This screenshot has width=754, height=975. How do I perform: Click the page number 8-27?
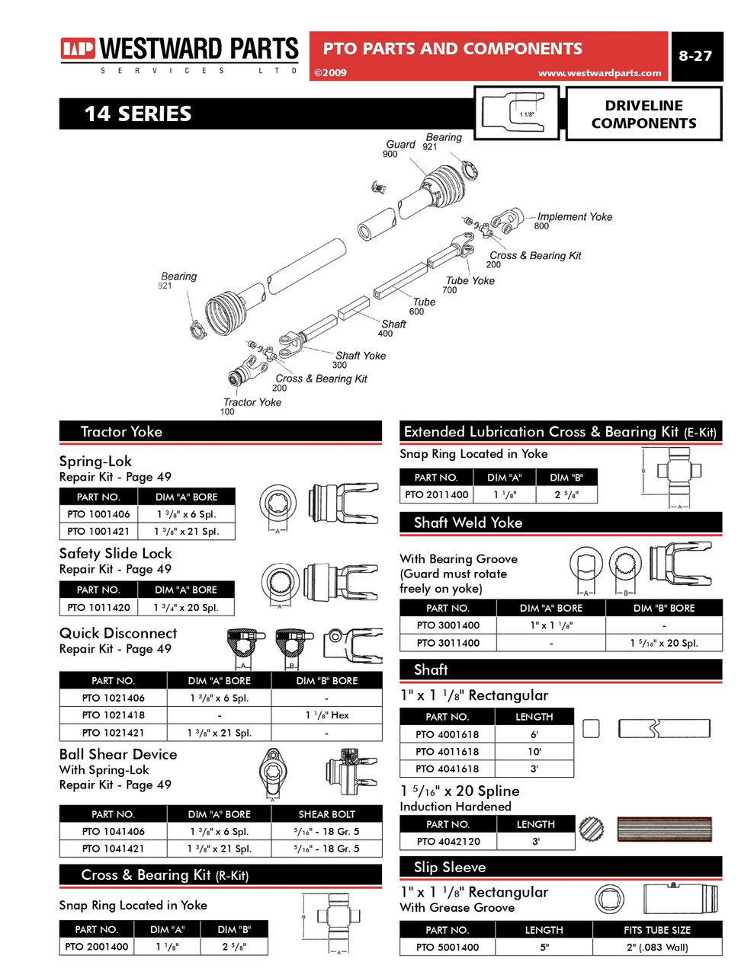[x=695, y=56]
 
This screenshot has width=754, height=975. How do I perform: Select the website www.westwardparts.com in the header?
[x=599, y=73]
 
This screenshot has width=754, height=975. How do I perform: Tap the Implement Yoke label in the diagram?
[x=574, y=217]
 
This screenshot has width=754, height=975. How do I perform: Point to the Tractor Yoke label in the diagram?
[x=252, y=402]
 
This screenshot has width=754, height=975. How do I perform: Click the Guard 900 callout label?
[x=399, y=145]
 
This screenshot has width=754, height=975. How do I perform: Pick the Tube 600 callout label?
[x=424, y=302]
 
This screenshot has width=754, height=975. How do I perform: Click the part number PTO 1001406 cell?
[x=98, y=514]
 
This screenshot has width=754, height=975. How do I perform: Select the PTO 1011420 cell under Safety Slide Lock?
[x=98, y=608]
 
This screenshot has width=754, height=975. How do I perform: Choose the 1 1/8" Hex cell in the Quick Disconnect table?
[x=326, y=715]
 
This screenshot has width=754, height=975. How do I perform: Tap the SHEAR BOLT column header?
[x=326, y=814]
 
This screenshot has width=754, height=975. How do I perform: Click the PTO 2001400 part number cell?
[x=97, y=947]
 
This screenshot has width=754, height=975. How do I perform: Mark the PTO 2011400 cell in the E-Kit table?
[x=436, y=495]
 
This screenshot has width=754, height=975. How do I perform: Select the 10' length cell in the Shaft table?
[x=534, y=752]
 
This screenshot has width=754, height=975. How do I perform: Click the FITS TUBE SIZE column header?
[x=656, y=930]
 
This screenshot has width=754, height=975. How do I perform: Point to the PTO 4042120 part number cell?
[x=448, y=842]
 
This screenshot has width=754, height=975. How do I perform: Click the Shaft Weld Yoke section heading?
[x=468, y=523]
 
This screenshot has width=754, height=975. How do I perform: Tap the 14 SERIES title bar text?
[x=138, y=114]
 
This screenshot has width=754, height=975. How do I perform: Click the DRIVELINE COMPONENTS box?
[x=643, y=114]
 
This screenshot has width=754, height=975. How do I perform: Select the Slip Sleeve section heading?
[x=450, y=867]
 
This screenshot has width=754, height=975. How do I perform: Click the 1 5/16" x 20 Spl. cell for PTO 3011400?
[x=663, y=643]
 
